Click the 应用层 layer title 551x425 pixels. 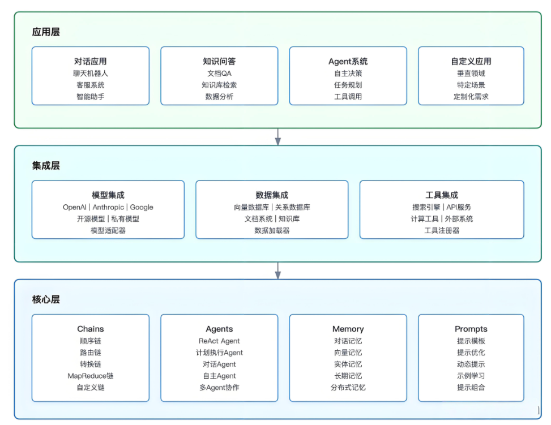click(x=46, y=32)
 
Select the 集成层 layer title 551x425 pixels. click(x=46, y=166)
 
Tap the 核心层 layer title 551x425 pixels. click(x=46, y=299)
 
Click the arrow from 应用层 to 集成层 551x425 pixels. click(x=277, y=136)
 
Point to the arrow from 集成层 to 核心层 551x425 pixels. click(x=277, y=270)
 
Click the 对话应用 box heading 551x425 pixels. click(x=91, y=61)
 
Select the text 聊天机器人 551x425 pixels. click(x=91, y=74)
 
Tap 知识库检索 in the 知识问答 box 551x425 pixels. click(x=219, y=85)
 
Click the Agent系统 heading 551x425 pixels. click(x=348, y=61)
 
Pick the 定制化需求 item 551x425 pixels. click(x=471, y=97)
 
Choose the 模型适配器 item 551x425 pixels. click(x=108, y=230)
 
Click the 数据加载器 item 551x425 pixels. click(x=272, y=230)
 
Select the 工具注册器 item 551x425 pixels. click(x=442, y=230)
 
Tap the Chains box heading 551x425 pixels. click(x=91, y=329)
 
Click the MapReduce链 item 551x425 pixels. click(x=91, y=376)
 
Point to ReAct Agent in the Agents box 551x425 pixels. click(x=219, y=341)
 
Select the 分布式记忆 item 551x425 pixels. click(x=348, y=388)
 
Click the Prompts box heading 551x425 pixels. click(x=471, y=329)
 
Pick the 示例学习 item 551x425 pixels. click(x=471, y=376)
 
